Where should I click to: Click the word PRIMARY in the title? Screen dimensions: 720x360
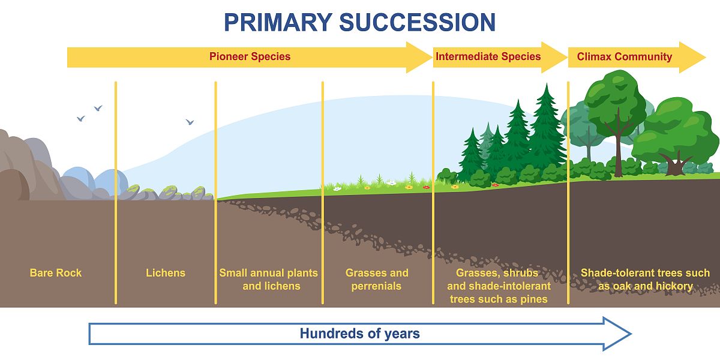coord(278,23)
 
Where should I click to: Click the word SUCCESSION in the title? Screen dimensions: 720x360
coord(417,23)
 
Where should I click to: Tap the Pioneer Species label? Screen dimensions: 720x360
coord(250,56)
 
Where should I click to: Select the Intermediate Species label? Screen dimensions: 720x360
coord(488,56)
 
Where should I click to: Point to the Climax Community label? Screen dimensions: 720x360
coord(624,57)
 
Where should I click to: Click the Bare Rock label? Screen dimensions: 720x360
coord(56,273)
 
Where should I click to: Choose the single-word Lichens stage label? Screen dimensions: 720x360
coord(166,273)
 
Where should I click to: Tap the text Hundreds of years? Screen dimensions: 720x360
coord(359,334)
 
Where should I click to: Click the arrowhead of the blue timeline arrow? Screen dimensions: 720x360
coord(617,334)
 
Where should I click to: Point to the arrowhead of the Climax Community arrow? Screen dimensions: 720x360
coord(692,57)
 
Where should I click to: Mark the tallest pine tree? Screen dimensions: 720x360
coord(546,128)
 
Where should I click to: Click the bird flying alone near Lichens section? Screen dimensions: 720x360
coord(190,122)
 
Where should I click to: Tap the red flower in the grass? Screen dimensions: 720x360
coord(426,187)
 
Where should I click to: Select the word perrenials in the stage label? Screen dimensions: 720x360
coord(376,286)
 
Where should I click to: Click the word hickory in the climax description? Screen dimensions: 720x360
coord(674,286)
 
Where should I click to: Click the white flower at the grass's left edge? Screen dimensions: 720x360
coord(337,188)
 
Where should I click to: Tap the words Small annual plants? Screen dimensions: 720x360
coord(268,273)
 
